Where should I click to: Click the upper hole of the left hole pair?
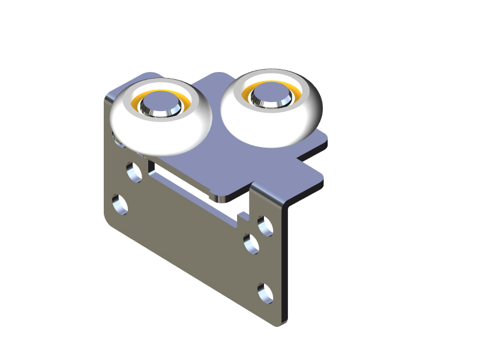click(x=134, y=173)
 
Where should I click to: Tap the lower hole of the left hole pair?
click(x=120, y=204)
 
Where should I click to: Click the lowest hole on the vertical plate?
click(x=265, y=293)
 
